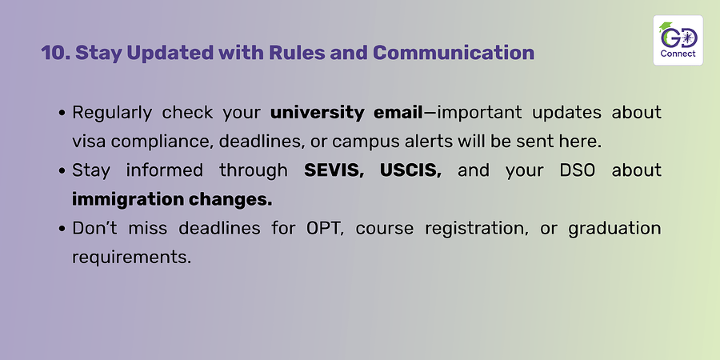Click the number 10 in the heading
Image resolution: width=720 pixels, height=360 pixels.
55,53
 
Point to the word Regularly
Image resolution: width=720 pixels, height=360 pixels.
112,113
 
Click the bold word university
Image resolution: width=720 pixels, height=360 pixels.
318,113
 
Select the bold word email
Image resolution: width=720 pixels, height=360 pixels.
398,112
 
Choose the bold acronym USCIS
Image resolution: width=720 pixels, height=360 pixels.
410,171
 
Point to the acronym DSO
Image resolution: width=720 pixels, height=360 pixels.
577,170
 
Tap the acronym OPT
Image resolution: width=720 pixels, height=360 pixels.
325,228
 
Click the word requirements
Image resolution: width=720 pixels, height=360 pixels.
131,258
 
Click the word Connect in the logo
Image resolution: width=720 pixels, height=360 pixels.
678,54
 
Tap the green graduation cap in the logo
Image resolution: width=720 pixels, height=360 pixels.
665,27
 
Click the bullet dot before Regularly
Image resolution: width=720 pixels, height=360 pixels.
63,113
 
